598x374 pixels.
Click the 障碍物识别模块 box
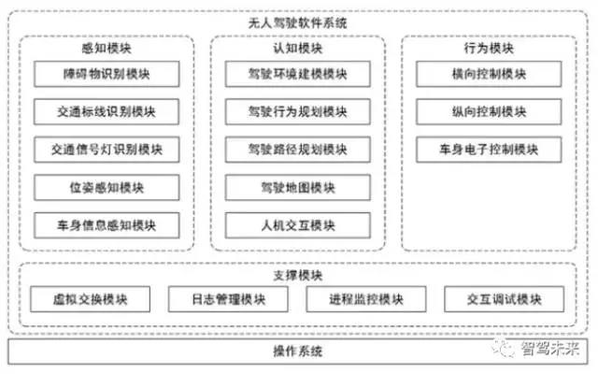(x=107, y=75)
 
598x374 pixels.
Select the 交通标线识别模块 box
(x=107, y=112)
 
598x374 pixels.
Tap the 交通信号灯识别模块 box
(x=107, y=150)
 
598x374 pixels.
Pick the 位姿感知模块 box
(x=107, y=187)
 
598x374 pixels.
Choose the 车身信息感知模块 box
(x=107, y=224)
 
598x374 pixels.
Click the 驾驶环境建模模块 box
(x=297, y=75)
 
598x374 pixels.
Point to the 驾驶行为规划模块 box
(x=297, y=112)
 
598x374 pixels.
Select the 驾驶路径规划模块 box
(x=297, y=150)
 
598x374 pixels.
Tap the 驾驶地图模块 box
(x=297, y=187)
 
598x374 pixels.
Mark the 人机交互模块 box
(x=297, y=224)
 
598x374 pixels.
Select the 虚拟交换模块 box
(x=91, y=299)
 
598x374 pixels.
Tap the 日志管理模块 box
(x=229, y=299)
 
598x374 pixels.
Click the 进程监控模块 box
(x=366, y=299)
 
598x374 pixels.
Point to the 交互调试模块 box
(x=505, y=299)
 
